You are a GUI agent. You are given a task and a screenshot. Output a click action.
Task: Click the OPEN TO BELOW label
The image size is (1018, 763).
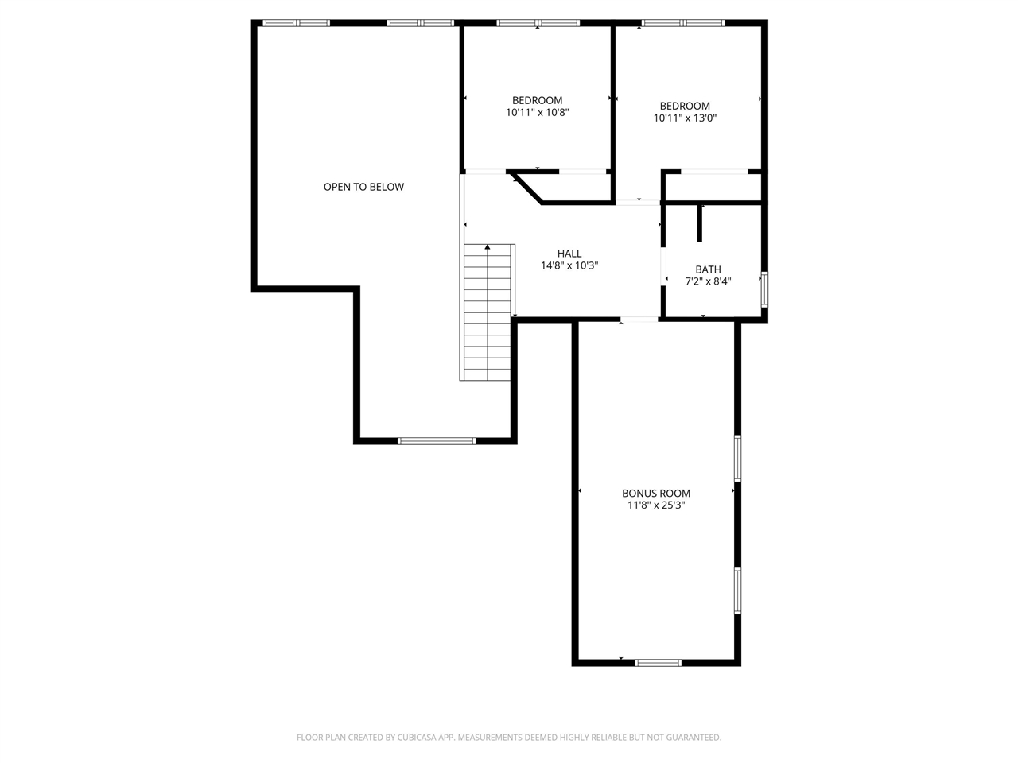363,187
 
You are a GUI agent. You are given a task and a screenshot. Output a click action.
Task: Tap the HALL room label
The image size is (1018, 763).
569,254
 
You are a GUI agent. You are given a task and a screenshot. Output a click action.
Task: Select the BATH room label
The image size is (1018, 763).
708,269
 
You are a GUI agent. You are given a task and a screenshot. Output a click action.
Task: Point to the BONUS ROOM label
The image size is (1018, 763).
656,493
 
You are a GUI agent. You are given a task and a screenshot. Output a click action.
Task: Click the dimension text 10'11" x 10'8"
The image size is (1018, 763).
538,113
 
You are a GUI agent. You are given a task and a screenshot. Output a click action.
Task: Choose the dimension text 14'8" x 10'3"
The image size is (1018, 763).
569,265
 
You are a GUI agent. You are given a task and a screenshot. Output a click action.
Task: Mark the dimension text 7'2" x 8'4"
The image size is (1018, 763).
708,281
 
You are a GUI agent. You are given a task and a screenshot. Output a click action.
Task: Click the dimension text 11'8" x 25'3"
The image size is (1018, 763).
656,505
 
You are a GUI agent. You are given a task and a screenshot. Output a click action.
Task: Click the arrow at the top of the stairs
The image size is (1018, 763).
488,248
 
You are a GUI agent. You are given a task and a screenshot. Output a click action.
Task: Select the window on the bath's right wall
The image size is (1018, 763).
764,289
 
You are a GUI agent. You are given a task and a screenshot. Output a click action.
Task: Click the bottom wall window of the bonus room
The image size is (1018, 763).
659,661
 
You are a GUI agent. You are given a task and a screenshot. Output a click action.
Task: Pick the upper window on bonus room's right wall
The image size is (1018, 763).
738,458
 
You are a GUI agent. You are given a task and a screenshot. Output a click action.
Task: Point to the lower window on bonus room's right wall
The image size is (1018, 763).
738,591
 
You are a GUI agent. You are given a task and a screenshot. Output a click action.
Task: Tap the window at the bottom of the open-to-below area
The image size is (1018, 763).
437,440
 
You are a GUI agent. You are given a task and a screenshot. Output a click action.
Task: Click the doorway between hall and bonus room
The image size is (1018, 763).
639,320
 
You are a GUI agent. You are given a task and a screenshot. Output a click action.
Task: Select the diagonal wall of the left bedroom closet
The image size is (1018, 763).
526,188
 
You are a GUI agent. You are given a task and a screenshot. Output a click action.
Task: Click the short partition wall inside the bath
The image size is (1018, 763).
700,223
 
